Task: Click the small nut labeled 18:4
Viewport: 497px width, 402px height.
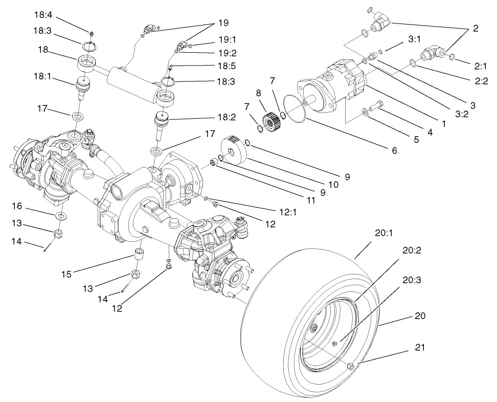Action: (91, 34)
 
